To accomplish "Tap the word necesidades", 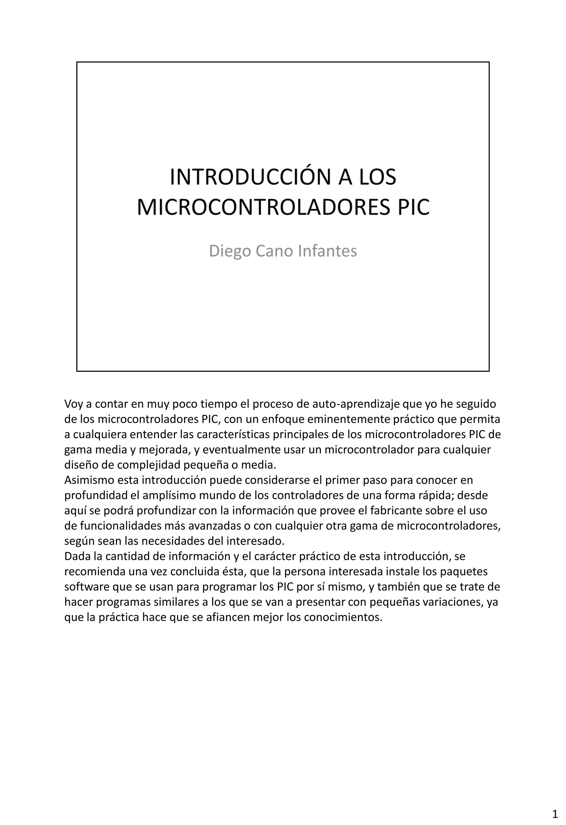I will click(165, 541).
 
